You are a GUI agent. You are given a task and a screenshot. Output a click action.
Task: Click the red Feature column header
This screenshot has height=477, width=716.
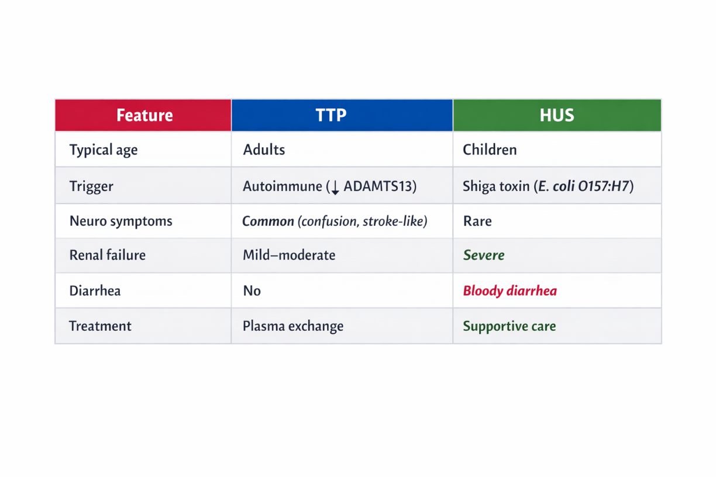pyautogui.click(x=143, y=115)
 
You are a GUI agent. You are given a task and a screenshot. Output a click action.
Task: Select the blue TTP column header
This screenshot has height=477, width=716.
pyautogui.click(x=342, y=115)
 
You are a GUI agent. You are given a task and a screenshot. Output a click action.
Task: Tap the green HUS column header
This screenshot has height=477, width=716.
pyautogui.click(x=557, y=115)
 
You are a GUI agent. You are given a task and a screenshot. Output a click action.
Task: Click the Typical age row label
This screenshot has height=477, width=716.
pyautogui.click(x=104, y=150)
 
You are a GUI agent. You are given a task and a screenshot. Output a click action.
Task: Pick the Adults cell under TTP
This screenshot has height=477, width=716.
pyautogui.click(x=264, y=150)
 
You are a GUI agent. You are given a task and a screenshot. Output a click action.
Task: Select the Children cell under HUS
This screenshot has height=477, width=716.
pyautogui.click(x=490, y=150)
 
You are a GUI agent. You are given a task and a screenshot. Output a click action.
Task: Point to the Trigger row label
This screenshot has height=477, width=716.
pyautogui.click(x=91, y=186)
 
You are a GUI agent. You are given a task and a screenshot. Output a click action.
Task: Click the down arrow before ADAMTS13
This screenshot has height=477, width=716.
pyautogui.click(x=335, y=187)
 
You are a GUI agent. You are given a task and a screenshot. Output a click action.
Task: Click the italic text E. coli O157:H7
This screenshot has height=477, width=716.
pyautogui.click(x=584, y=186)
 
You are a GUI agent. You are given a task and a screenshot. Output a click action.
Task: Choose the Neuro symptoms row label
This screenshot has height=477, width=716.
pyautogui.click(x=121, y=222)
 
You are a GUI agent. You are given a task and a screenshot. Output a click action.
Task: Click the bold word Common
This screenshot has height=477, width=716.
pyautogui.click(x=268, y=221)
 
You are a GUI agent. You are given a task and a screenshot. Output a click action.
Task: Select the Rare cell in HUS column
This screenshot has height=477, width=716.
pyautogui.click(x=477, y=221)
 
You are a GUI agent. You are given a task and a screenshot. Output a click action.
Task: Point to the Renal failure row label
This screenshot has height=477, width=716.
pyautogui.click(x=108, y=255)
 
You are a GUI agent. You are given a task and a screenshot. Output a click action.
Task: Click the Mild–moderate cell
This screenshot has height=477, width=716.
pyautogui.click(x=289, y=255)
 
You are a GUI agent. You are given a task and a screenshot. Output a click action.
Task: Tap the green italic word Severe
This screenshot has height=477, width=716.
pyautogui.click(x=484, y=255)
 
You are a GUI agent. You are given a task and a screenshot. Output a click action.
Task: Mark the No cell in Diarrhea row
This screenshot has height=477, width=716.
pyautogui.click(x=252, y=291)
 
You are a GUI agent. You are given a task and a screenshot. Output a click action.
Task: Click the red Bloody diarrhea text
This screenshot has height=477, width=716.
pyautogui.click(x=510, y=291)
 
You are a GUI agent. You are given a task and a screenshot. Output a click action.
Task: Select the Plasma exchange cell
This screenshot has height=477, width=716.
pyautogui.click(x=293, y=326)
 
